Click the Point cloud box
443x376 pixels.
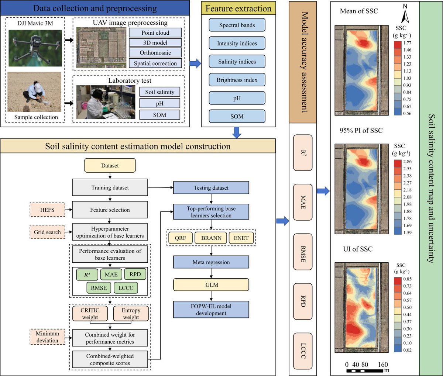click(x=155, y=32)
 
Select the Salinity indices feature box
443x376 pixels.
click(x=237, y=62)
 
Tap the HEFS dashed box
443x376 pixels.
click(x=47, y=210)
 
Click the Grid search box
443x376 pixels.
click(x=47, y=232)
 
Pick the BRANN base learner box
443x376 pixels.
click(x=211, y=238)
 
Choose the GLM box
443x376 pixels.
click(x=212, y=285)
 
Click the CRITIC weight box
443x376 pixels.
click(x=90, y=314)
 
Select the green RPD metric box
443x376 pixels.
click(x=135, y=274)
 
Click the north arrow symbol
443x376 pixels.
click(x=405, y=15)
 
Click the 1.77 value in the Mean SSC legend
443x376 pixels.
click(x=408, y=43)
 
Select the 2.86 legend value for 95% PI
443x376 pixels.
click(x=408, y=162)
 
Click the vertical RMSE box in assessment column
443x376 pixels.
click(x=303, y=254)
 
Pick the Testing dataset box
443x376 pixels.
click(x=211, y=188)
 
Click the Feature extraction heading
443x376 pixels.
click(x=238, y=8)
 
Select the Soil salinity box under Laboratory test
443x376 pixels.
click(x=159, y=92)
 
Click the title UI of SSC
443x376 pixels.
click(x=358, y=249)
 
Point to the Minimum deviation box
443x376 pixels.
click(x=47, y=337)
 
